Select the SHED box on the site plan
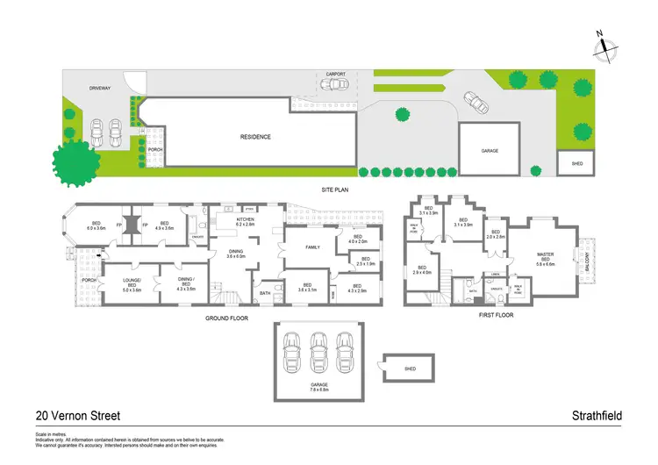coord(576,163)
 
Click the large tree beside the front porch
coord(78,161)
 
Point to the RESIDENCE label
coord(256,137)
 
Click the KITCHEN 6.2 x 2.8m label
coord(245,222)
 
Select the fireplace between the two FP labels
coord(132,226)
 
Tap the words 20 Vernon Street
coord(77,416)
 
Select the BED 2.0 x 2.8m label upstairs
coord(497,235)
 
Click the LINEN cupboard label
coord(496,274)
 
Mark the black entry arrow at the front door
coord(100,257)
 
